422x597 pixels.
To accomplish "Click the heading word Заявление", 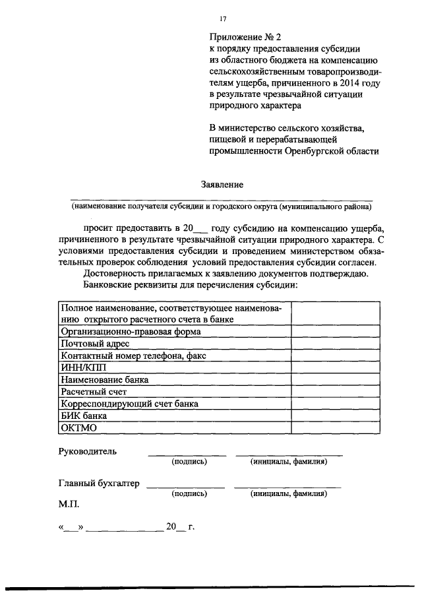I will (x=222, y=185).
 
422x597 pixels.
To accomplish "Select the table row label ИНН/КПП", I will (x=82, y=367).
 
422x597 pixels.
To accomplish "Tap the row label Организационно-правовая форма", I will (x=131, y=332).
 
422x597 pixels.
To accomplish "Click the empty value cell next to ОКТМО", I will (x=336, y=427).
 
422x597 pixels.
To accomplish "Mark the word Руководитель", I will (x=88, y=451).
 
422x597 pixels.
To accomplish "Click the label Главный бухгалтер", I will (x=99, y=484).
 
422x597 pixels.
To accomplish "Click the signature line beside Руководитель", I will (x=187, y=455).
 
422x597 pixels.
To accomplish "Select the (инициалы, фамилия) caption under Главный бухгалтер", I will (x=288, y=493).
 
